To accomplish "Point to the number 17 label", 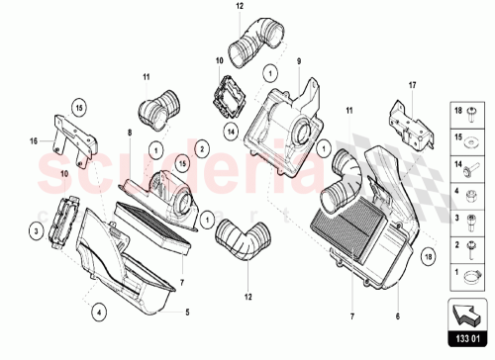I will pyautogui.click(x=413, y=86).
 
